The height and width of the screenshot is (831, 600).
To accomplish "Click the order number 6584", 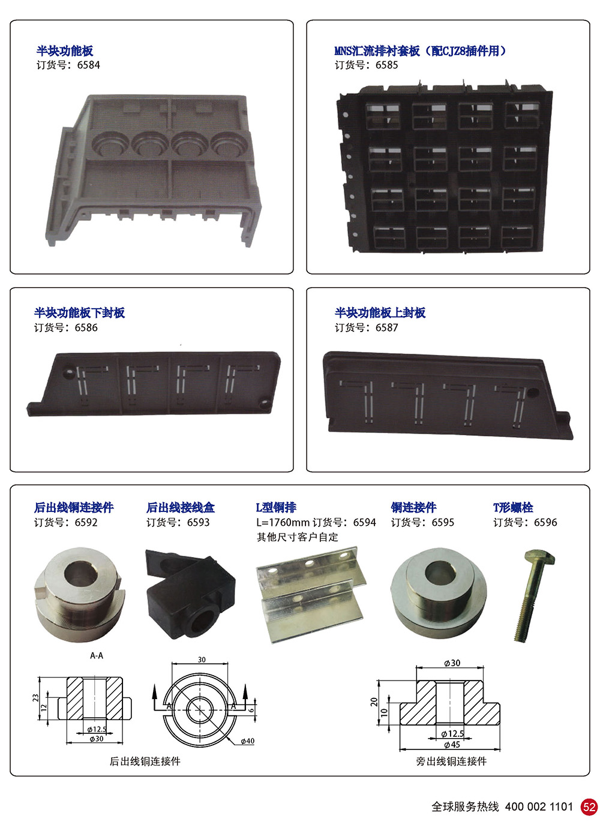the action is click(88, 65).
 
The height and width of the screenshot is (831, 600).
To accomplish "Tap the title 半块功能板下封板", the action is click(79, 313).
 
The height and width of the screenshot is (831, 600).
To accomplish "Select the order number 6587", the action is click(386, 327).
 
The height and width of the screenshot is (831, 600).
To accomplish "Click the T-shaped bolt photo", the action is click(534, 596).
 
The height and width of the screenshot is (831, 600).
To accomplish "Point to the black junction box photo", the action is click(190, 594).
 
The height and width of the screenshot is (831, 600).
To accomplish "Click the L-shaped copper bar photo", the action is click(311, 594).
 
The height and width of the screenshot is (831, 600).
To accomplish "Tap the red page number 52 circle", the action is click(589, 806).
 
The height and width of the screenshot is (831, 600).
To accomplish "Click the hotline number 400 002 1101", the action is click(539, 806).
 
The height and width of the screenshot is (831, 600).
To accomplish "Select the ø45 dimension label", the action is click(452, 745).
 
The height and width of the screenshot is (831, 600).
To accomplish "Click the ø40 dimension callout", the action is click(247, 741).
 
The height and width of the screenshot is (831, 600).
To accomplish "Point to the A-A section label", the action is click(97, 655).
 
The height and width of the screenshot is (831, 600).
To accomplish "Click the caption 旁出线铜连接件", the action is click(451, 761).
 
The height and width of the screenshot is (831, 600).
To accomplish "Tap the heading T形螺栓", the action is click(513, 507).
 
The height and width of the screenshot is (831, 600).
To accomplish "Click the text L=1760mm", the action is click(283, 522).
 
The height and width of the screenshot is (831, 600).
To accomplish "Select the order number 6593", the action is click(198, 522).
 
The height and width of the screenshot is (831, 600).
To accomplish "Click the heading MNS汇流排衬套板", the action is click(377, 51).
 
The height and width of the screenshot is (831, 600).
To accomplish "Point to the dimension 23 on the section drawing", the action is click(35, 698).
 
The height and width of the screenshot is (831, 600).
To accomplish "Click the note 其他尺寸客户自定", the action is click(298, 537).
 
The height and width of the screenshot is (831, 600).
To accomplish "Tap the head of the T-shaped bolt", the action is click(540, 558).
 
